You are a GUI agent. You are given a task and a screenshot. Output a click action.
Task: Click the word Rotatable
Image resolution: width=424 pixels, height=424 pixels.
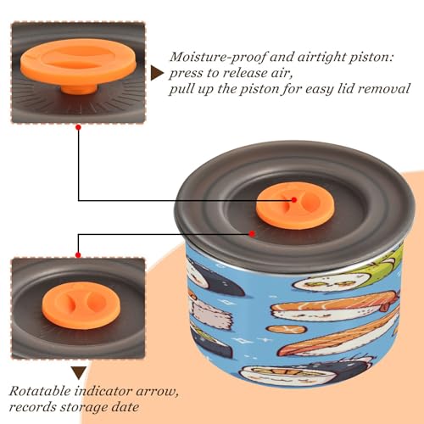click(40, 392)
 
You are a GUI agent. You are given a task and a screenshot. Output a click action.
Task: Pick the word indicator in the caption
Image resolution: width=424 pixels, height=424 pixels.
click(103, 392)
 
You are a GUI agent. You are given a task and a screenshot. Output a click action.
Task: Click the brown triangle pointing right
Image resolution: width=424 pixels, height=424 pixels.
click(157, 74)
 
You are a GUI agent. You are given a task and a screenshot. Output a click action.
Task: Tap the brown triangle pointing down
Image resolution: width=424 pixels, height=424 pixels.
click(79, 372)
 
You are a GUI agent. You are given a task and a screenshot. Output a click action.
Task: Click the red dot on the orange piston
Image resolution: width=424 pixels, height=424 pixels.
click(294, 200)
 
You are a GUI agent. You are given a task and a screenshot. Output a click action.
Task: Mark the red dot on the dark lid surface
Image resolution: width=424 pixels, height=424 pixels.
click(252, 234)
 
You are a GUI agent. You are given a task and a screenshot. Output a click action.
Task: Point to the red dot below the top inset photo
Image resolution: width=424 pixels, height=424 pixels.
click(79, 127)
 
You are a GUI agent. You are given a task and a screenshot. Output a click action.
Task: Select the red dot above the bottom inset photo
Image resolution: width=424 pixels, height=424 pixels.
click(78, 255)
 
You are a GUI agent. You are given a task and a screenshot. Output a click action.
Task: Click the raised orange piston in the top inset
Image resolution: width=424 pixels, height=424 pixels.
click(79, 63)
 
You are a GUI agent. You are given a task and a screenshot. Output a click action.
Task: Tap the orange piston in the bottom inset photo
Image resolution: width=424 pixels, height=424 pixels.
click(81, 305)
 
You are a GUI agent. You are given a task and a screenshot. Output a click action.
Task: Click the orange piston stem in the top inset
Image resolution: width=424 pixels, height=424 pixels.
click(79, 88)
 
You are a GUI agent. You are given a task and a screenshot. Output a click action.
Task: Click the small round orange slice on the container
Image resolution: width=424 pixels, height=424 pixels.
click(287, 329)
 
